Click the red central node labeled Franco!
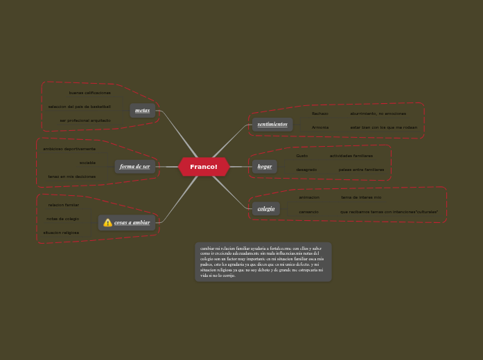tap(204, 167)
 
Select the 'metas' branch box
tap(142, 111)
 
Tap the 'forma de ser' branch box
tap(134, 167)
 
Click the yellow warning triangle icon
tap(107, 223)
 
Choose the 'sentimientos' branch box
tap(272, 125)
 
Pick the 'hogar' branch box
tap(265, 167)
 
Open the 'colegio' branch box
tap(266, 208)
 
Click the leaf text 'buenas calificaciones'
tap(89, 93)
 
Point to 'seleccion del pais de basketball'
tap(79, 107)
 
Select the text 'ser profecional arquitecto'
tap(85, 120)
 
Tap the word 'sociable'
tap(87, 163)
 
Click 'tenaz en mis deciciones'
tap(71, 177)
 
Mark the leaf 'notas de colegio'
tap(62, 219)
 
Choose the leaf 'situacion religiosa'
tap(61, 233)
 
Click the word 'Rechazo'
tap(319, 114)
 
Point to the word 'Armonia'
tap(320, 127)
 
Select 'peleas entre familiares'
tap(361, 170)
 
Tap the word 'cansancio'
tap(308, 212)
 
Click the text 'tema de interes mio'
tap(361, 197)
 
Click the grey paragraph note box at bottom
tap(263, 262)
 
